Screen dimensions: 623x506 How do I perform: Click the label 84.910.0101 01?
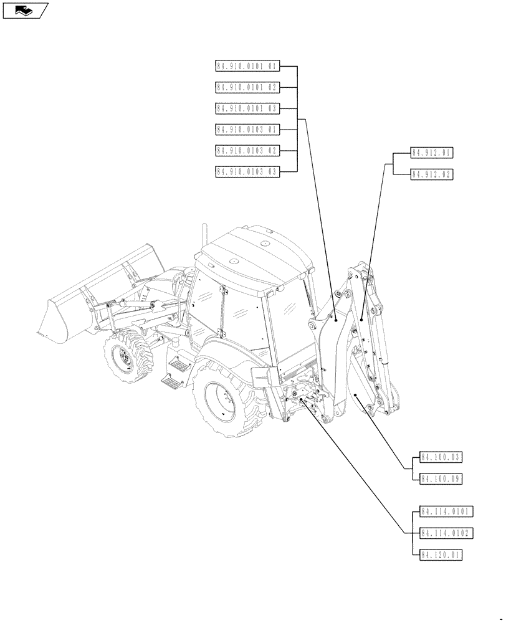tap(248, 65)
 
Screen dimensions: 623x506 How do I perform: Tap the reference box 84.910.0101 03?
tap(248, 108)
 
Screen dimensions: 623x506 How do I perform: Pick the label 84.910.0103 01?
tap(248, 130)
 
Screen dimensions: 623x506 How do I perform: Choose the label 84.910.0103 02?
tap(248, 151)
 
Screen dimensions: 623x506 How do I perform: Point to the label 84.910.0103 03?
tap(248, 172)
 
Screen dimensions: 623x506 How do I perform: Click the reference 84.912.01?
tap(432, 153)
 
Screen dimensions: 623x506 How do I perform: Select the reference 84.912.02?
tap(432, 174)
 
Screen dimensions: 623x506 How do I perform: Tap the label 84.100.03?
tap(441, 458)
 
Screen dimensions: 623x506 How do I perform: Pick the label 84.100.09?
tap(441, 479)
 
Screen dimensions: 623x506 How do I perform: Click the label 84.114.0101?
tap(447, 512)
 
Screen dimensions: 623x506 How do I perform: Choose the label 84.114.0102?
tap(447, 533)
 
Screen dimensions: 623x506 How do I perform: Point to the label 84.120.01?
tap(441, 554)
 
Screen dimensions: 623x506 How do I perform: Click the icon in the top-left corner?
tap(25, 10)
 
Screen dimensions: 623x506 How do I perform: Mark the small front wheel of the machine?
tap(127, 357)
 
